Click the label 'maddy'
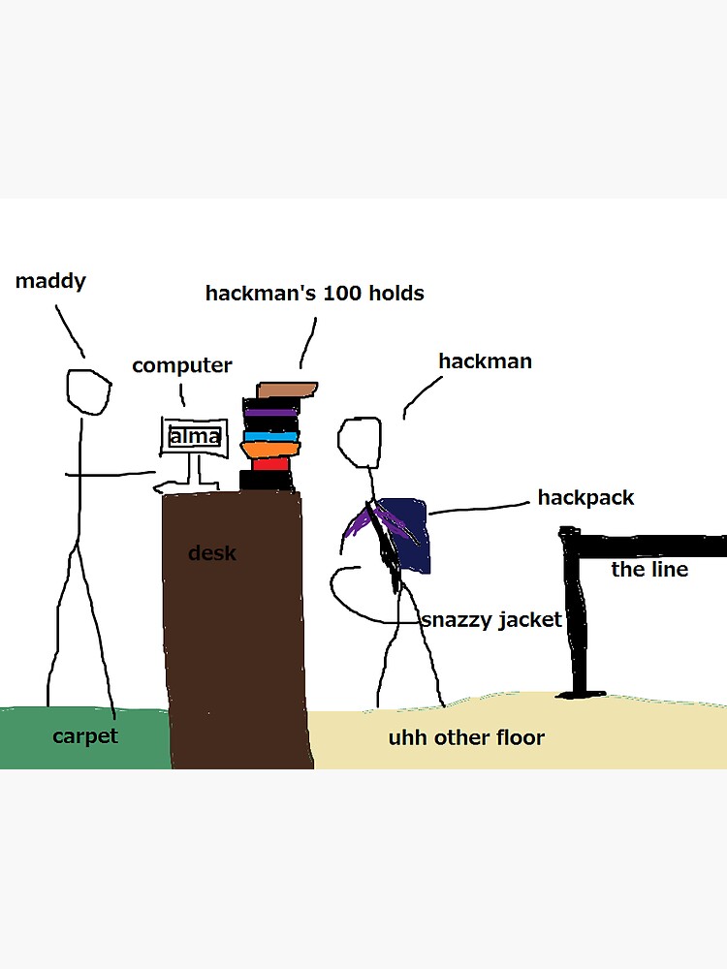[50, 281]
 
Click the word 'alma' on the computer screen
[195, 437]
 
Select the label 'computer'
[181, 365]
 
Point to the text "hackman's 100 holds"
[314, 292]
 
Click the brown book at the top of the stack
[287, 390]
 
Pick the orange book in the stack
[270, 449]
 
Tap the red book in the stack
[270, 463]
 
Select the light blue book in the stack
[269, 436]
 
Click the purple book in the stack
[269, 412]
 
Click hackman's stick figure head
[359, 438]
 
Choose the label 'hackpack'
[585, 497]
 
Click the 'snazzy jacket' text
[491, 620]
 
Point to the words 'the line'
[649, 569]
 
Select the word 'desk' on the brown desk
[211, 553]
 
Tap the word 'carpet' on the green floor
[84, 735]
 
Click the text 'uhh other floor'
[466, 737]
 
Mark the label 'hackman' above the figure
[485, 361]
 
